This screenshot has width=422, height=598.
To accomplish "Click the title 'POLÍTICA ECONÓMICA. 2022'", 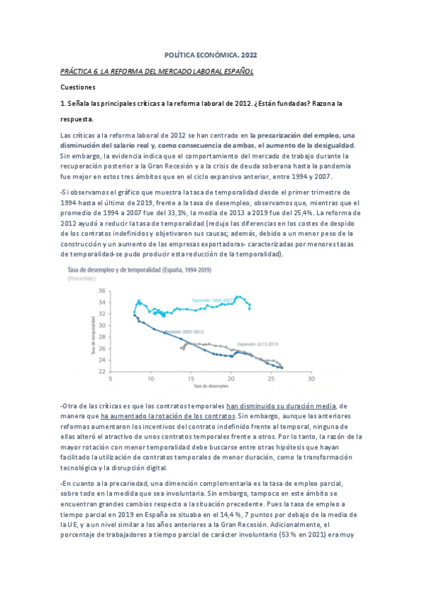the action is coord(211,54).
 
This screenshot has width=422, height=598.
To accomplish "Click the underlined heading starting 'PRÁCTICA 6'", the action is coord(156,72).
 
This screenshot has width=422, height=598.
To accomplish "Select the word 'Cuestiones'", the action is coord(77,87).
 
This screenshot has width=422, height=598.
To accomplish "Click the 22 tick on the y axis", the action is coord(101,372).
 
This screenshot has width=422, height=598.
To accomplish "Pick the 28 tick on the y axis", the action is coord(101,337).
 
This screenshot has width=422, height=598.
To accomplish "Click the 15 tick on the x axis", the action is coord(191,379).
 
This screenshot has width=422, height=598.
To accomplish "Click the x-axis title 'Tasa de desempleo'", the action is coord(211,387).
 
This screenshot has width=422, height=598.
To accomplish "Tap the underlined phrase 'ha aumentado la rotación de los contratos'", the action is coord(168,417).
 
